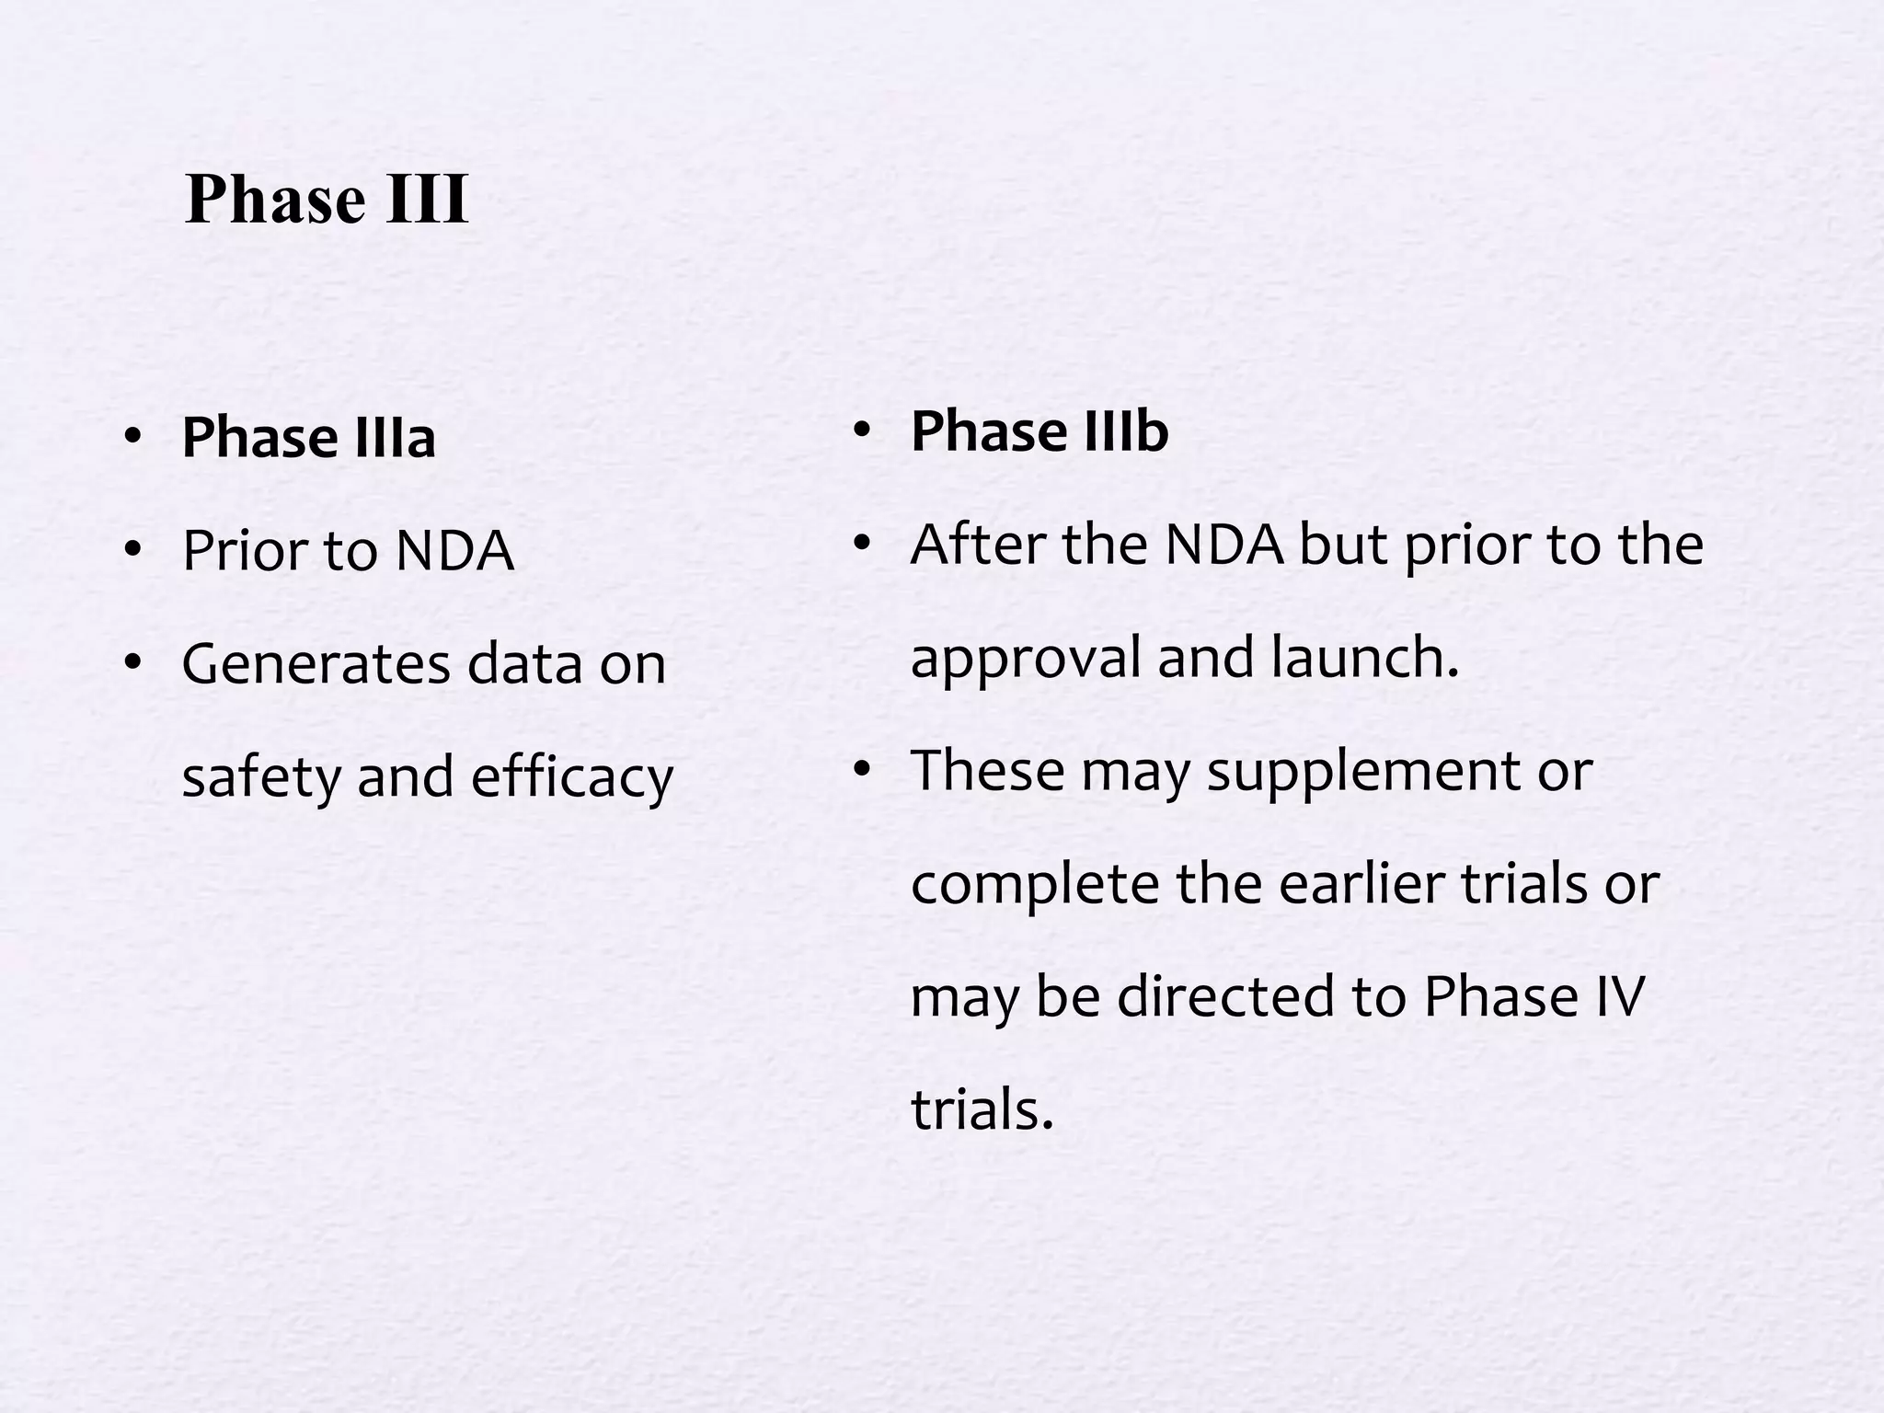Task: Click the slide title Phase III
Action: click(x=327, y=200)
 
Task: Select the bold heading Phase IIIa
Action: click(x=308, y=437)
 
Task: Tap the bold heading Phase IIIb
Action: click(x=1039, y=431)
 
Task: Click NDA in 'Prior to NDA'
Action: click(x=454, y=550)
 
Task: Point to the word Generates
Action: click(x=316, y=663)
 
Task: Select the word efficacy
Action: click(x=572, y=777)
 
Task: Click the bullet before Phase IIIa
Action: click(x=133, y=435)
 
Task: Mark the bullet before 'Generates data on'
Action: click(x=133, y=661)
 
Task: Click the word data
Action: click(x=524, y=663)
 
